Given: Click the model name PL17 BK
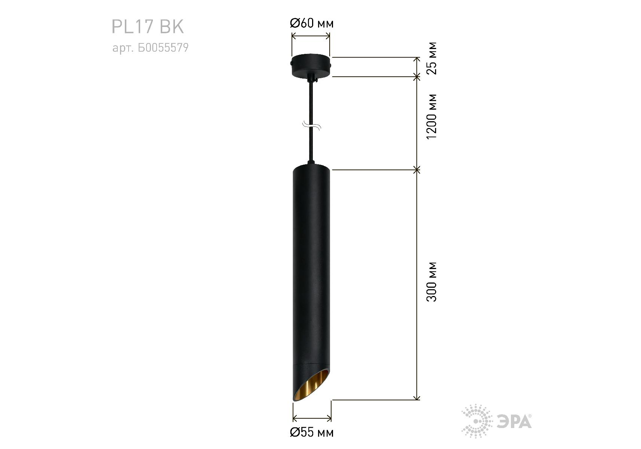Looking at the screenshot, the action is (148, 27).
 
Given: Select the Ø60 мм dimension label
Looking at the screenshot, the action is (312, 23).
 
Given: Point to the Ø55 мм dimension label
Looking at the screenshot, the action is (312, 432).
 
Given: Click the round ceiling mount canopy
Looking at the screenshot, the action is (311, 66).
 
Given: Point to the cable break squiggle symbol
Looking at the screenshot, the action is (311, 126).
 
